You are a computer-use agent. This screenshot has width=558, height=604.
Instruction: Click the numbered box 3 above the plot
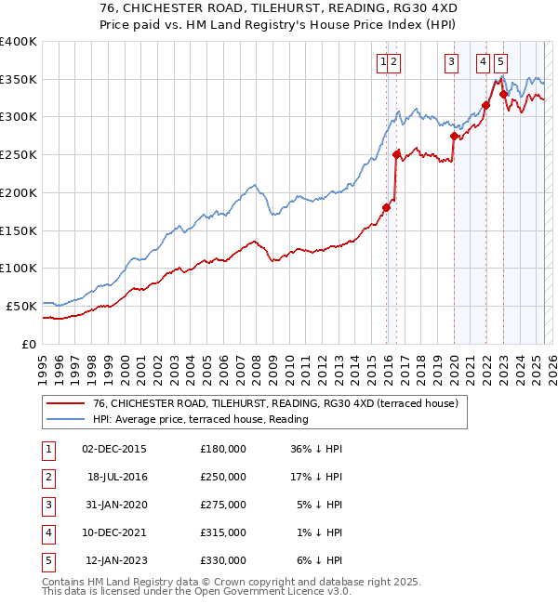[x=451, y=62]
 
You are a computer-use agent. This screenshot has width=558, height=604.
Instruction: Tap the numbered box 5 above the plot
[x=500, y=62]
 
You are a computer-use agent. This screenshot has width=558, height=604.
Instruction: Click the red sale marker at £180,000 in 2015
[x=387, y=207]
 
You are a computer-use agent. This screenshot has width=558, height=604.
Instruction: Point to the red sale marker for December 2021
[x=485, y=105]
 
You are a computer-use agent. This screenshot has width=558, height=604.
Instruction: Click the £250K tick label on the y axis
[x=19, y=155]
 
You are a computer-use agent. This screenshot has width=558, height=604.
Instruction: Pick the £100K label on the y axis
[x=19, y=268]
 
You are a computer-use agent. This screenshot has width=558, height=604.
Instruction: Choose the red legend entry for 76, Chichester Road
[x=275, y=404]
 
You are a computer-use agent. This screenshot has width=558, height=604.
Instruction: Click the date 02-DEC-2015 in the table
[x=114, y=449]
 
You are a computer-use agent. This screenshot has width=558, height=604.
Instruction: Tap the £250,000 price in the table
[x=223, y=477]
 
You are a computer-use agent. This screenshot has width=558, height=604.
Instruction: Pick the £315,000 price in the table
[x=223, y=532]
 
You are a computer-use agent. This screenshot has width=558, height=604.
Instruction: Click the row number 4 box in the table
[x=46, y=532]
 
